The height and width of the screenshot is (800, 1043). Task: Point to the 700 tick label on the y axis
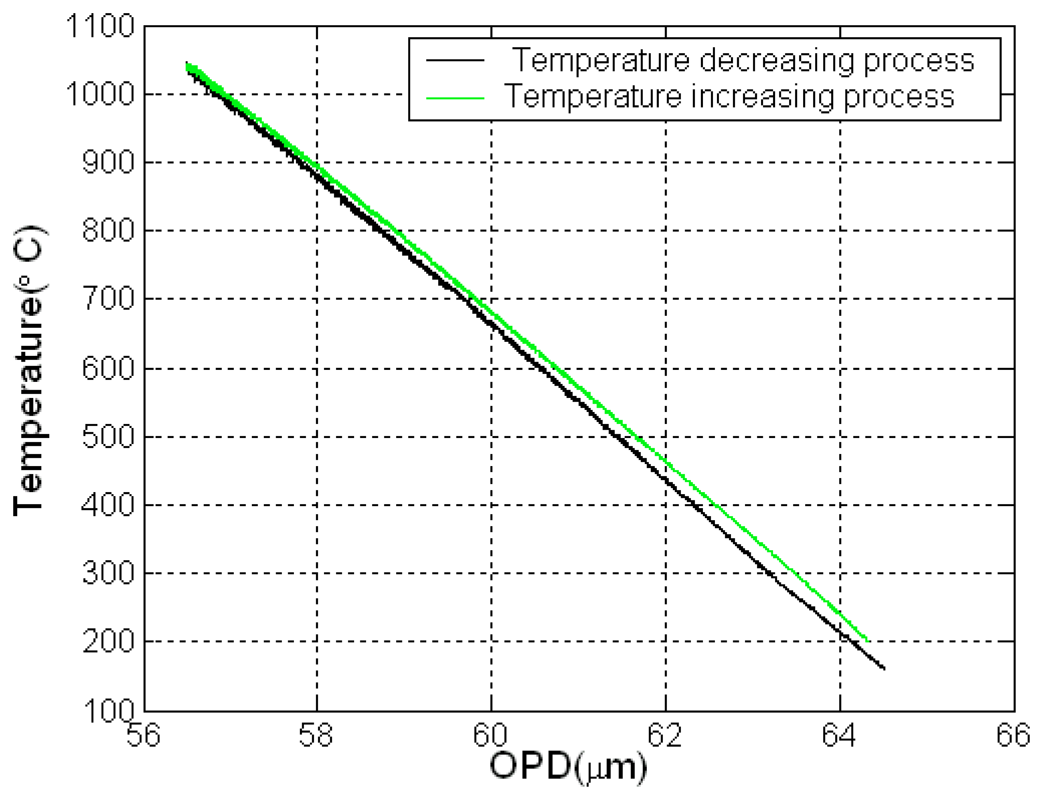pos(108,299)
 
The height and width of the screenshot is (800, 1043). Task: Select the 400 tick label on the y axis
pos(108,505)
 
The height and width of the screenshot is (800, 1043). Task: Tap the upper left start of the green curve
pos(187,66)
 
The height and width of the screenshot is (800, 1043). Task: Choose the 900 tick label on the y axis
pos(108,163)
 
